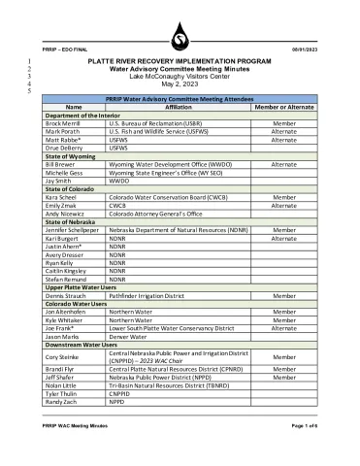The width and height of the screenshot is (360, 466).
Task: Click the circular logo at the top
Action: pos(179,39)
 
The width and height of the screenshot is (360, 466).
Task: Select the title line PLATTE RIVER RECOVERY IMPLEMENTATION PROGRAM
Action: pos(180,61)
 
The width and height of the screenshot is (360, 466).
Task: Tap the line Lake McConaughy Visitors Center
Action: pos(180,76)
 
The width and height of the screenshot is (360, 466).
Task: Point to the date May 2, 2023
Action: pos(180,83)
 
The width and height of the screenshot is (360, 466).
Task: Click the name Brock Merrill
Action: pos(63,124)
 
